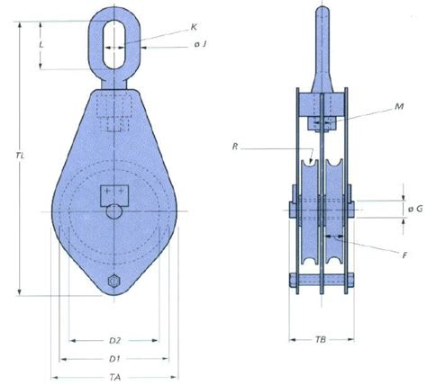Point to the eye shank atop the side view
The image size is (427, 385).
click(x=322, y=45)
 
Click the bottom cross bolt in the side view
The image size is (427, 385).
click(x=322, y=282)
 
